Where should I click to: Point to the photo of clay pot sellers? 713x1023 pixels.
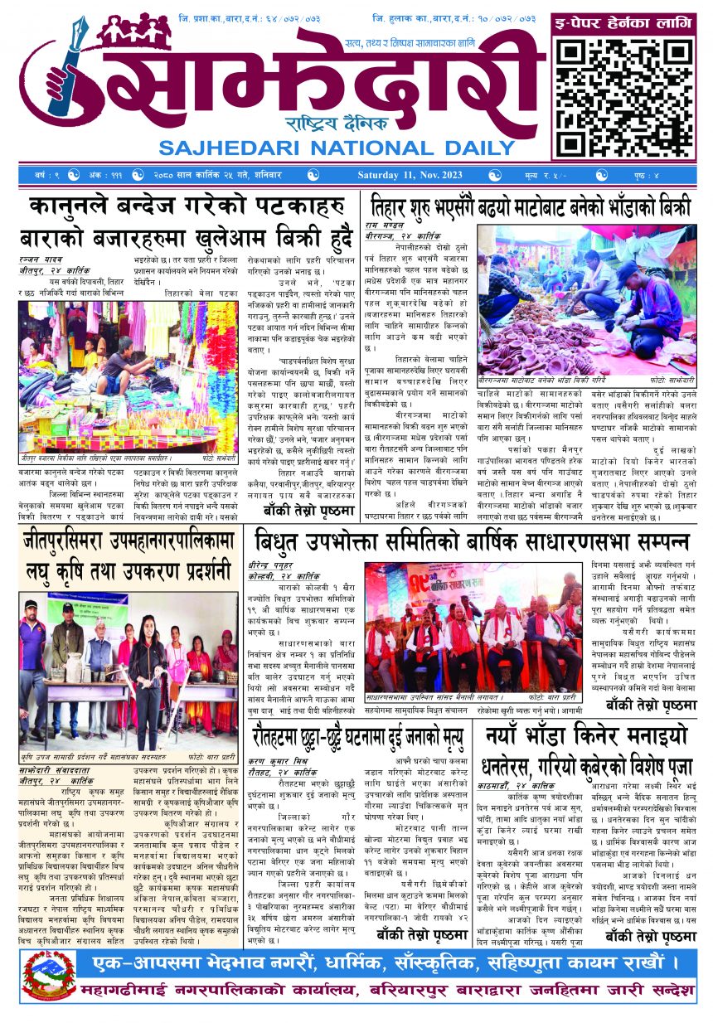pyautogui.click(x=587, y=303)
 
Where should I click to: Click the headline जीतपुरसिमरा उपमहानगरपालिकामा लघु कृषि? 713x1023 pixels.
pyautogui.click(x=129, y=555)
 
